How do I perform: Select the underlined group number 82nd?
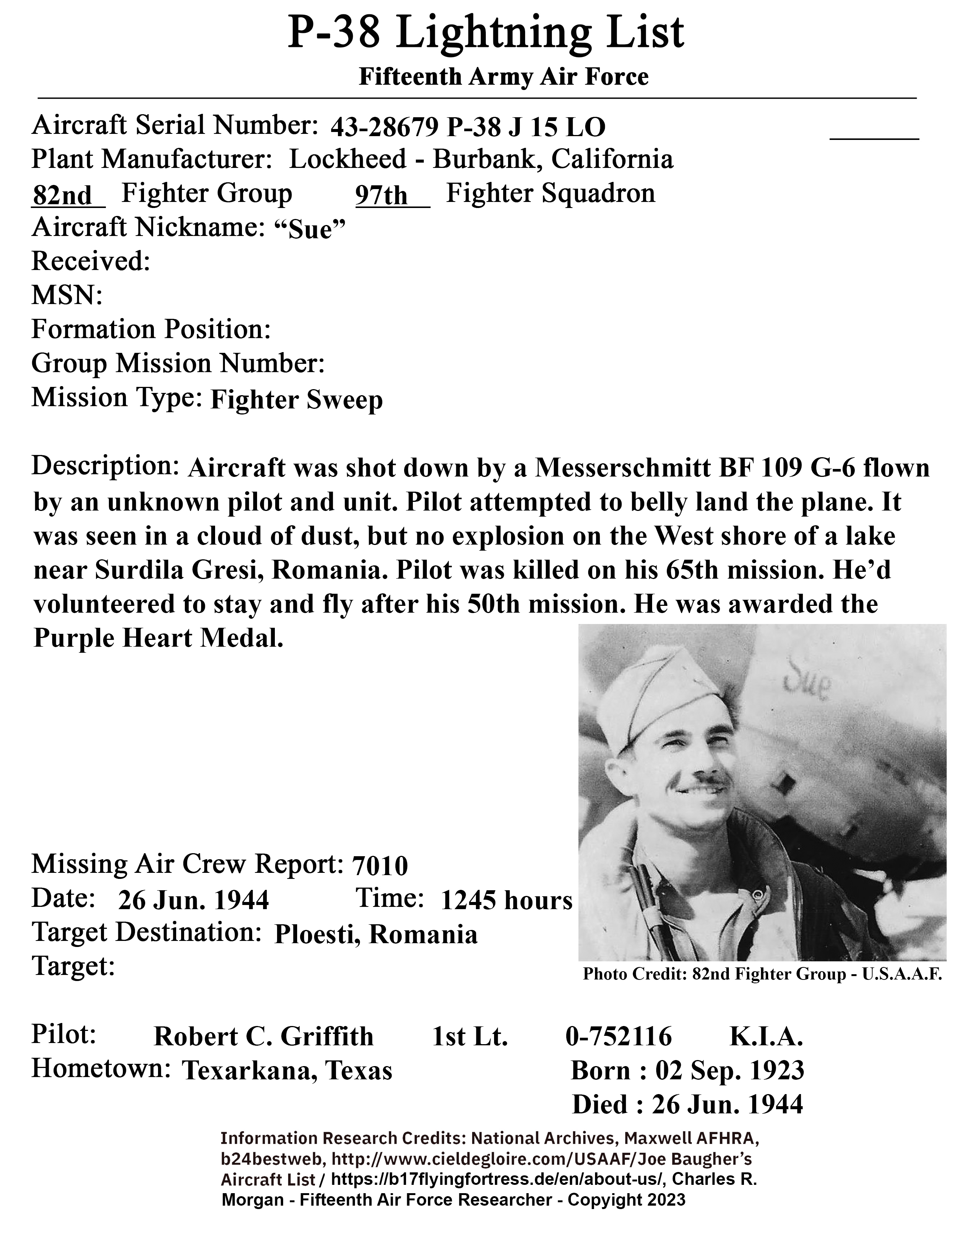click(x=62, y=196)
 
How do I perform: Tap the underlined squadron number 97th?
click(x=381, y=196)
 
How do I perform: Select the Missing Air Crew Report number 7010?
click(x=380, y=866)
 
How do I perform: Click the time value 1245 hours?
click(x=506, y=900)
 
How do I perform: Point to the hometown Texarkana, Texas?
click(x=287, y=1071)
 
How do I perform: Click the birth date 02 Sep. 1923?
click(x=729, y=1071)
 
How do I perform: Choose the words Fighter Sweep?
click(x=296, y=400)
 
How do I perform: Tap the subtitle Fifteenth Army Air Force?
click(x=503, y=76)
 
